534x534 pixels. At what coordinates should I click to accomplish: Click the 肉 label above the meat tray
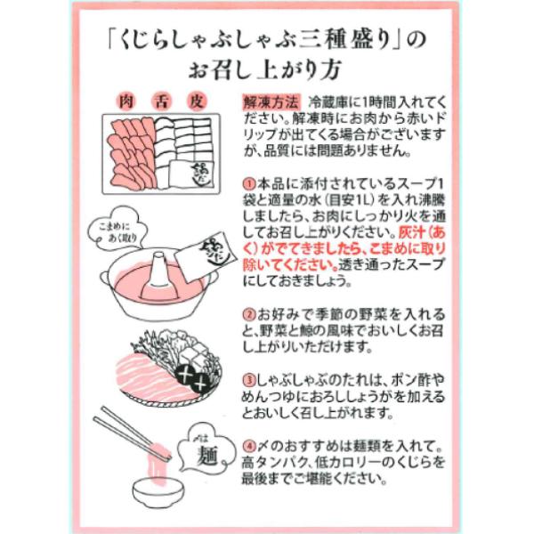click(126, 101)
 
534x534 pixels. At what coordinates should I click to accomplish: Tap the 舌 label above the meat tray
click(161, 101)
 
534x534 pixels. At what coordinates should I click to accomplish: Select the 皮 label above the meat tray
click(197, 101)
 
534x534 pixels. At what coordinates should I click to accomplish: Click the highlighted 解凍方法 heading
click(271, 102)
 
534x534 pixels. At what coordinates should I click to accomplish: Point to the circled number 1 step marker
click(249, 184)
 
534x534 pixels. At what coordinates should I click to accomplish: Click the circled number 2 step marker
click(249, 314)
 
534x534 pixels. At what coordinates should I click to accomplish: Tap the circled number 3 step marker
click(249, 380)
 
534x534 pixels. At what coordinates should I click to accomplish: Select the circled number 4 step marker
click(249, 446)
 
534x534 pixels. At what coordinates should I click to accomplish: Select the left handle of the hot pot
click(105, 278)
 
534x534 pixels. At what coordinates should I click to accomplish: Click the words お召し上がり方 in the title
click(264, 70)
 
